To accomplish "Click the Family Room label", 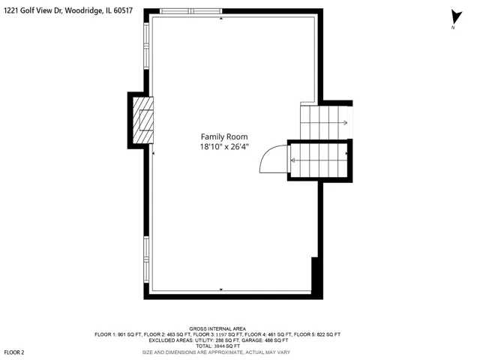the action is pyautogui.click(x=224, y=136).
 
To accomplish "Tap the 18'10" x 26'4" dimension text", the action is pyautogui.click(x=224, y=147).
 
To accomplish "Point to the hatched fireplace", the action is pyautogui.click(x=143, y=120).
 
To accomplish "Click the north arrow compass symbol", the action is pyautogui.click(x=456, y=18).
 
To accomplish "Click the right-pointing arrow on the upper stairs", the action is pyautogui.click(x=345, y=123).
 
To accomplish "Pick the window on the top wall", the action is pyautogui.click(x=191, y=11).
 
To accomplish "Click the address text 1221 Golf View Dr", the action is pyautogui.click(x=33, y=10).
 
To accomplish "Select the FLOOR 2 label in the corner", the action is pyautogui.click(x=14, y=352).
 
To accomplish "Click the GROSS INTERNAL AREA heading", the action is pyautogui.click(x=217, y=328).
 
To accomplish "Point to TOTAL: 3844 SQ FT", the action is pyautogui.click(x=217, y=346).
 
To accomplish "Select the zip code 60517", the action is pyautogui.click(x=123, y=10).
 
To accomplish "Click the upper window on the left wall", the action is pyautogui.click(x=146, y=46).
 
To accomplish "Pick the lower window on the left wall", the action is pyautogui.click(x=146, y=259).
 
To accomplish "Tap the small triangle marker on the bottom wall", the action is pyautogui.click(x=221, y=289).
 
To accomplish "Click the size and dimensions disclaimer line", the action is pyautogui.click(x=216, y=352).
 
